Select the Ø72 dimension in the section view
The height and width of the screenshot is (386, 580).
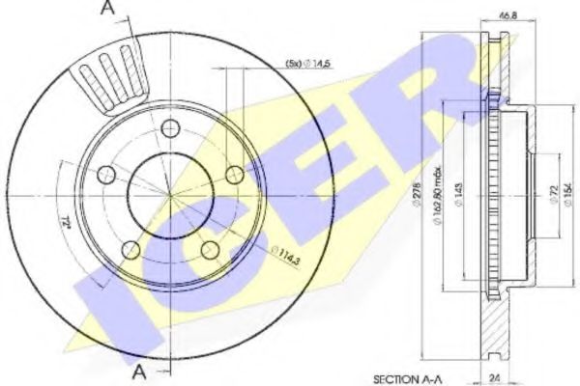[x=552, y=198]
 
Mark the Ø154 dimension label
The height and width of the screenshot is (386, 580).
[x=566, y=198]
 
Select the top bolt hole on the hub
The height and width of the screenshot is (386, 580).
[x=171, y=128]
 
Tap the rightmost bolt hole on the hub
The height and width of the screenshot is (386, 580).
[x=234, y=175]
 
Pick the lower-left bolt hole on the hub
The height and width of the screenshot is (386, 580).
[x=130, y=250]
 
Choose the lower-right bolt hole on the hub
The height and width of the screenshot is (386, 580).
[x=210, y=250]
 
